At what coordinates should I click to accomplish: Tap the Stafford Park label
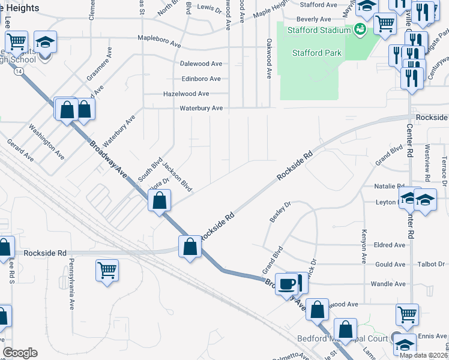pos(317,53)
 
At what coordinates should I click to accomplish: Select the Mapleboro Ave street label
pos(159,38)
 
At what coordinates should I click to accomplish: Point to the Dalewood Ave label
pos(201,64)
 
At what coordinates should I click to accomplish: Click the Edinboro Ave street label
pos(201,79)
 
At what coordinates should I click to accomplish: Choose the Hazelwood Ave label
pos(186,94)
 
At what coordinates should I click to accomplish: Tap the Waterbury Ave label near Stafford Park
pos(202,109)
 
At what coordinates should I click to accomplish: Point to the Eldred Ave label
pos(390,245)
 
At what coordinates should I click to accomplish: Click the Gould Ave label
pos(390,265)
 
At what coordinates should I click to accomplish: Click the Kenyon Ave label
pos(364,246)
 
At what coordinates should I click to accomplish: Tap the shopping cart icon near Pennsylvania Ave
pos(106,271)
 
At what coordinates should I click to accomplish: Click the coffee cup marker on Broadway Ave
pos(287,283)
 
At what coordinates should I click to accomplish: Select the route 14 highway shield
pos(20,71)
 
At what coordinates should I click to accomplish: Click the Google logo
pos(20,353)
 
